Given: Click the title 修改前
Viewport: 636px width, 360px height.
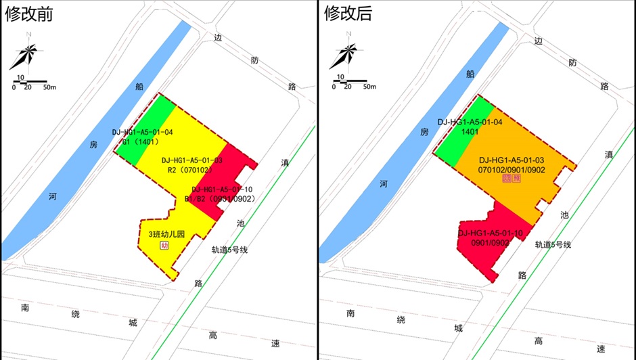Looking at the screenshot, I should pos(29,14).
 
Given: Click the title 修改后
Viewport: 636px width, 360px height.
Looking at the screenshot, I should pos(348,14).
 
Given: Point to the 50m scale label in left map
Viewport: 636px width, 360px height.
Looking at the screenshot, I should pos(49,87).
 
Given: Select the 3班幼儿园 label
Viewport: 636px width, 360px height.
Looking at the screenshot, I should pos(166,235).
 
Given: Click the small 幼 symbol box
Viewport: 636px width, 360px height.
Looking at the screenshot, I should pos(164,246).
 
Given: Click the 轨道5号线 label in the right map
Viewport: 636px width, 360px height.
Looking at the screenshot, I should pos(553,244).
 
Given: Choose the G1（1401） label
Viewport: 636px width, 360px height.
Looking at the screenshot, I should pos(141,142).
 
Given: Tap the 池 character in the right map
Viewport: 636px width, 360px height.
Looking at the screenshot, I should pos(564,215).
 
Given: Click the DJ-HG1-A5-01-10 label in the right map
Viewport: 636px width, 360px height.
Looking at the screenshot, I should pos(491,233).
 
